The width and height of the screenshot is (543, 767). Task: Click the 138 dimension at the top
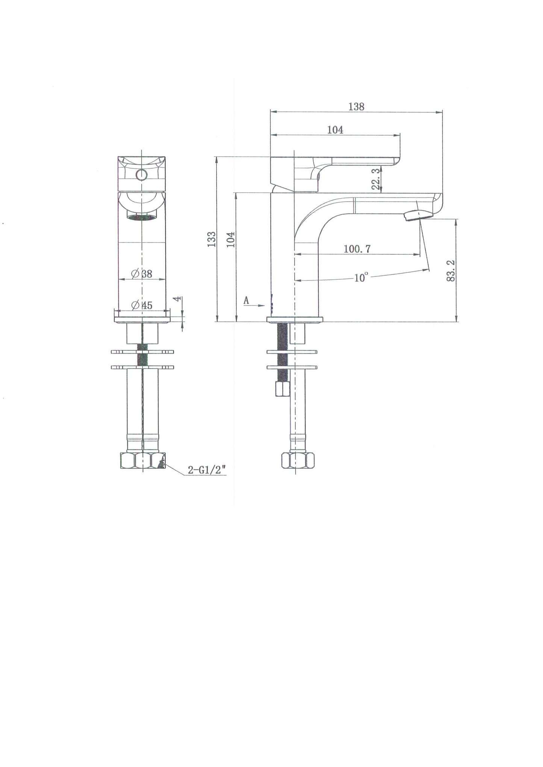[x=356, y=107]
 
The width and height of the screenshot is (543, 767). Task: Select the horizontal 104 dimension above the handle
[x=335, y=130]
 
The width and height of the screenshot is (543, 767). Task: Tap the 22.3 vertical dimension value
[x=375, y=179]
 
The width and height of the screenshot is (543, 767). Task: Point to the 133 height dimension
[x=212, y=239]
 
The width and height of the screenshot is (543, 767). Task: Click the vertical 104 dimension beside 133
[x=231, y=239]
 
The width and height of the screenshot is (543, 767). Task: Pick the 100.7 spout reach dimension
[x=357, y=249]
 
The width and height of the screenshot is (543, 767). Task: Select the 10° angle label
[x=360, y=278]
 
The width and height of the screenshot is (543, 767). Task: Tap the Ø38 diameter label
[x=142, y=274]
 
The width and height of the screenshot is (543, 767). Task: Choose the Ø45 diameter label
[x=142, y=305]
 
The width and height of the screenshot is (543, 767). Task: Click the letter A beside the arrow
[x=246, y=300]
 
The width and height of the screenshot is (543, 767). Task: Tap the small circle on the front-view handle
[x=142, y=175]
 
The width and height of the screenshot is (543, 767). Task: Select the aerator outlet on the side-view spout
[x=418, y=215]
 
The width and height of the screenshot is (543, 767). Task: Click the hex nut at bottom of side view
[x=298, y=460]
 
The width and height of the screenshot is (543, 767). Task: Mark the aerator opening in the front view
[x=141, y=217]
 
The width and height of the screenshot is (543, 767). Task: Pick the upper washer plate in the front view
[x=142, y=352]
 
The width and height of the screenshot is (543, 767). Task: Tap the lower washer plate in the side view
[x=292, y=367]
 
